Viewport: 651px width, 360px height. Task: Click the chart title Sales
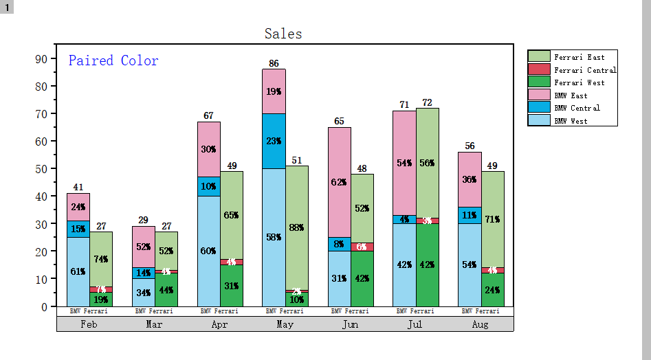283,34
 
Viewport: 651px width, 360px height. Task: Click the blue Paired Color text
113,60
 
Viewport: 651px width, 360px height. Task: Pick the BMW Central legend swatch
539,108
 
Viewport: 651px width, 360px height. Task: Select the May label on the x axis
285,324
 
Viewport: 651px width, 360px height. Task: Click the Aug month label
480,324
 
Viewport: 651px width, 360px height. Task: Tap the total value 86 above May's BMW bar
274,64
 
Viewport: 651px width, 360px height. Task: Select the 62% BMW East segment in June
339,183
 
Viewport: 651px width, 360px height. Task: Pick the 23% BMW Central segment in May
274,142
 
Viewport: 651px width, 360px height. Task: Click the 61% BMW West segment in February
78,271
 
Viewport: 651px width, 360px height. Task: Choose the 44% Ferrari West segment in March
166,290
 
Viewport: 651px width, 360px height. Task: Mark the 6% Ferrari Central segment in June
362,247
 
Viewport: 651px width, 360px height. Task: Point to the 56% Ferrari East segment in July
427,164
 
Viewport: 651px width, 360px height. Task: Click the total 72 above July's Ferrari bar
427,103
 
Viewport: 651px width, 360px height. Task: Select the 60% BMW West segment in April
208,251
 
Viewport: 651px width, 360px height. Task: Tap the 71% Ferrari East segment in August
492,220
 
